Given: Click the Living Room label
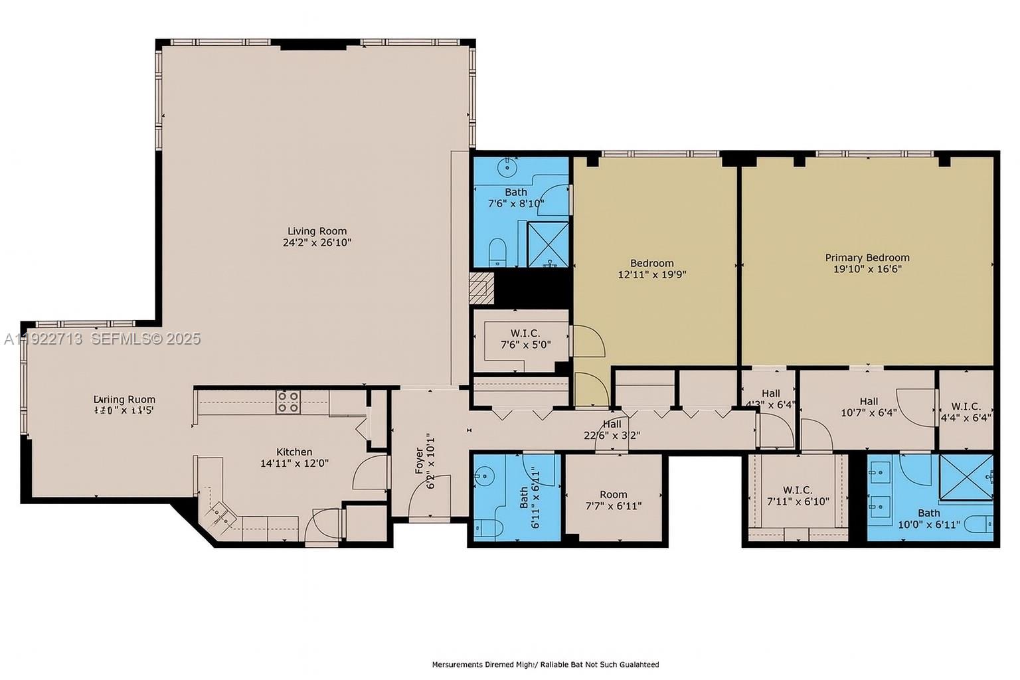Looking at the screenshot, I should coord(317,231).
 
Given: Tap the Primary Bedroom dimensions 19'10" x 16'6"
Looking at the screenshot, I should coord(867,269).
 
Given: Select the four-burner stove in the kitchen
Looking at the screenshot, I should coord(288,402).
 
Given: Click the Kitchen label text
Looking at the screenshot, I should coord(294,452).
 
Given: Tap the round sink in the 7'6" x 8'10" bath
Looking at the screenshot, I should coord(509,167).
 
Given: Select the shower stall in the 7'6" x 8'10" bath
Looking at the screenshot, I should coord(548,244).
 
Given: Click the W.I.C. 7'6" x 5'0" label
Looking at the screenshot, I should coord(525,339).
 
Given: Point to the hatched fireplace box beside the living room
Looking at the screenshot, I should coord(481,289).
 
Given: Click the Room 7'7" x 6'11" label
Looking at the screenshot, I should coord(613,499).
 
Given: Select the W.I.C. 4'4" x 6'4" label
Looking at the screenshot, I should coord(966,412).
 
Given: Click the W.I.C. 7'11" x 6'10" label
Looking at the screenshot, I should coord(798,495).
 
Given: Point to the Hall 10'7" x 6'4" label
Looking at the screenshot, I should coord(869,406).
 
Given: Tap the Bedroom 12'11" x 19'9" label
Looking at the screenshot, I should coord(651,268).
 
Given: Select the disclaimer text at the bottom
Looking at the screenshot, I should coord(545,664).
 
